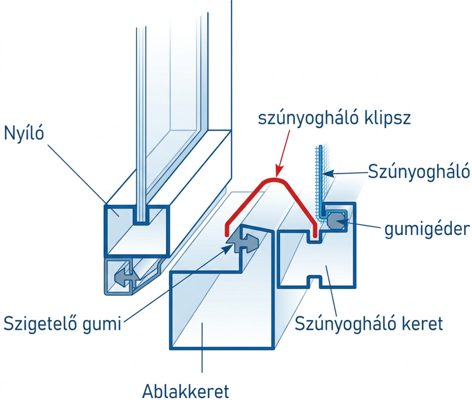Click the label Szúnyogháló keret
[x=369, y=323]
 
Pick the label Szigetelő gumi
[x=62, y=323]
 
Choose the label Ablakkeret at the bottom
[x=185, y=392]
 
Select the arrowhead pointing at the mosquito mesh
[x=326, y=173]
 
